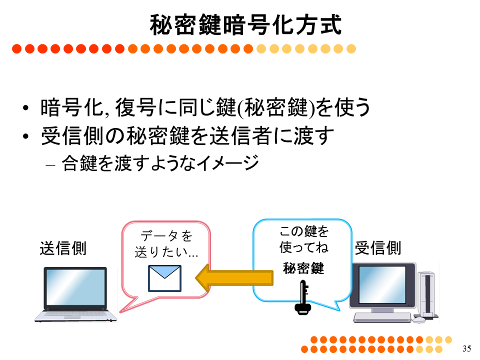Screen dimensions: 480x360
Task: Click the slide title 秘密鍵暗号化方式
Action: [245, 25]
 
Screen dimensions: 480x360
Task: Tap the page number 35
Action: [466, 348]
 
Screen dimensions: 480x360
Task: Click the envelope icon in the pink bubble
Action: [164, 278]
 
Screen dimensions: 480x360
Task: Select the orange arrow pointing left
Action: [234, 278]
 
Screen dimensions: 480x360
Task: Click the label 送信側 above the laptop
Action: [63, 248]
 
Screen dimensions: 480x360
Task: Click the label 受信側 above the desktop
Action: [378, 247]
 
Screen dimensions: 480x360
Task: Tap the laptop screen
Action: [75, 286]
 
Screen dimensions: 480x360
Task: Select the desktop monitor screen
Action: [382, 284]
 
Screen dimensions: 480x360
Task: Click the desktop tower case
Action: [426, 294]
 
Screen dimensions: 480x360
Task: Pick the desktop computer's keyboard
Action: [382, 317]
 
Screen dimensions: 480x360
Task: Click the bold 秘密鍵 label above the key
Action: [303, 268]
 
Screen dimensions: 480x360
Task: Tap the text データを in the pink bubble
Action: [166, 236]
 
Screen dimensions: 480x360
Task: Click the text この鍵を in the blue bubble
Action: [304, 231]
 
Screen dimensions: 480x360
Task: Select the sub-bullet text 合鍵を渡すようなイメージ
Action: [160, 163]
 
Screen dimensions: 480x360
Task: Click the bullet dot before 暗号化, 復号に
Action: [25, 108]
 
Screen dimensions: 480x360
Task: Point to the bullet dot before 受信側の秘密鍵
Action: [25, 136]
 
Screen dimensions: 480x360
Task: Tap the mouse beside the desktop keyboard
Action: [419, 320]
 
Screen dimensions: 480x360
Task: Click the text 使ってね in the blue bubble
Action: [303, 247]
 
